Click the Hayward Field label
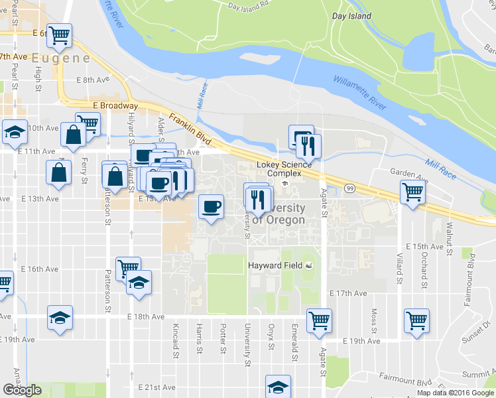click(x=275, y=265)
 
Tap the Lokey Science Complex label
click(x=284, y=169)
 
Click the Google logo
click(x=22, y=390)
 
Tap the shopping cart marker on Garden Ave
click(x=412, y=192)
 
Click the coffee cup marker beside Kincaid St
click(x=212, y=208)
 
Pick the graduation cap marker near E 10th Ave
click(x=15, y=131)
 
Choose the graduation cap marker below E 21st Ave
click(x=278, y=386)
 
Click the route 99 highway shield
click(x=349, y=189)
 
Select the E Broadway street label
click(x=115, y=105)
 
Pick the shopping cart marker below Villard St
click(x=416, y=320)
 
